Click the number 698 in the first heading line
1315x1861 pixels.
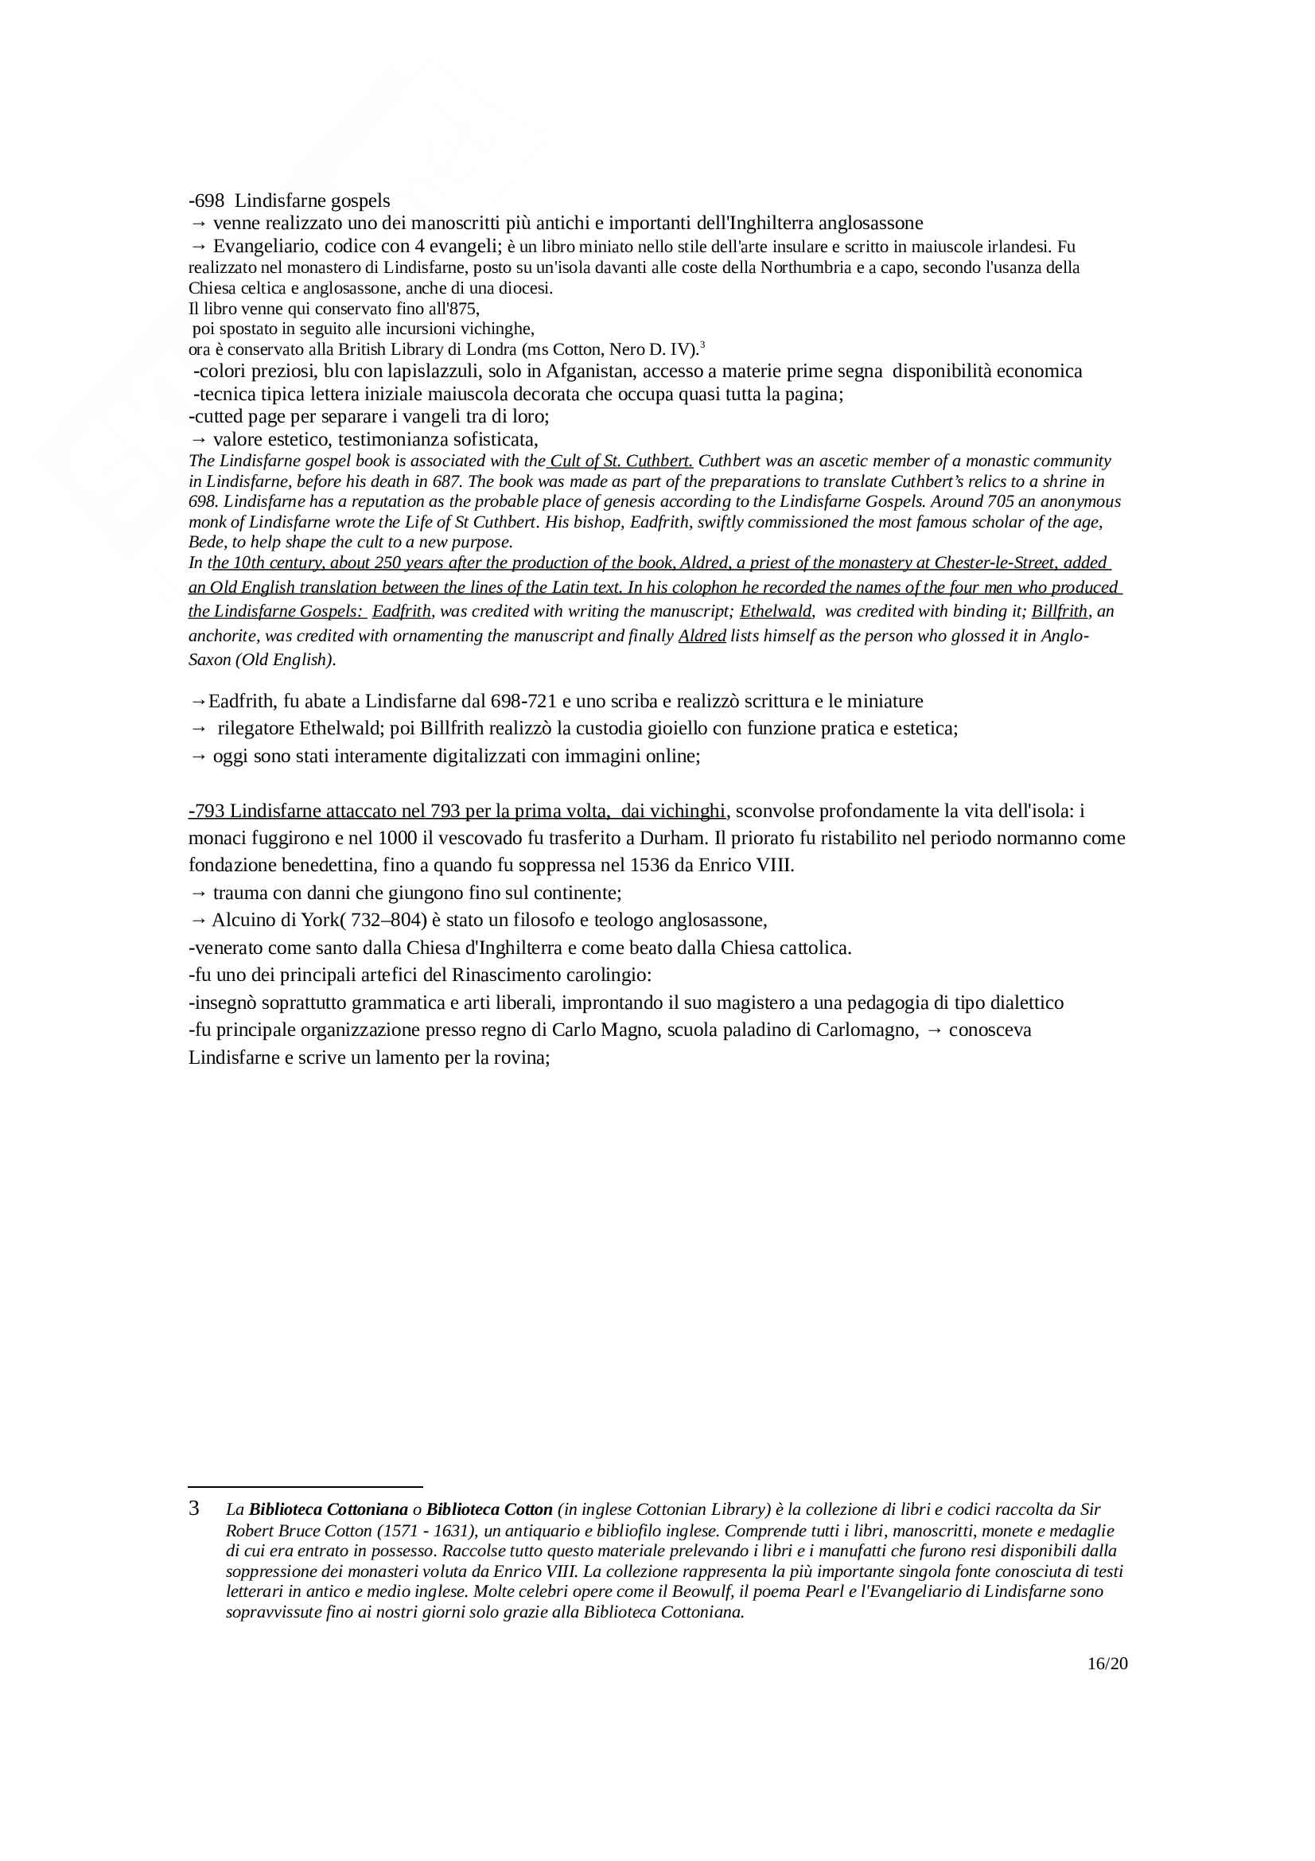209,201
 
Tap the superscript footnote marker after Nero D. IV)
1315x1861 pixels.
702,345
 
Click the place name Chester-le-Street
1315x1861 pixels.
995,563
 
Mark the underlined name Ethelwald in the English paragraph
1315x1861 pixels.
776,611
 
